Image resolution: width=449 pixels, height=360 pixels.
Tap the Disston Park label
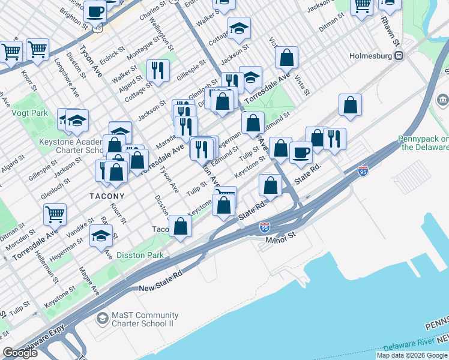[139, 255]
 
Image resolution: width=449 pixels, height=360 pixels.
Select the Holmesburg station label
[372, 56]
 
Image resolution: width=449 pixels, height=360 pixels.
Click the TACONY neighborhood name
[107, 196]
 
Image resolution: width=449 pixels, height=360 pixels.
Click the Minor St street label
[281, 238]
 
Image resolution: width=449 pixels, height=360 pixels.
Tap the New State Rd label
[160, 280]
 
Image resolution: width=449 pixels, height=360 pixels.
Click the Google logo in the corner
[20, 353]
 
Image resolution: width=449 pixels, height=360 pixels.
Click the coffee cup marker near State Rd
[301, 152]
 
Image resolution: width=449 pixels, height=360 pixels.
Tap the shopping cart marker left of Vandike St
[55, 214]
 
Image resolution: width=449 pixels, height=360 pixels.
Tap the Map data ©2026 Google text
[412, 355]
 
